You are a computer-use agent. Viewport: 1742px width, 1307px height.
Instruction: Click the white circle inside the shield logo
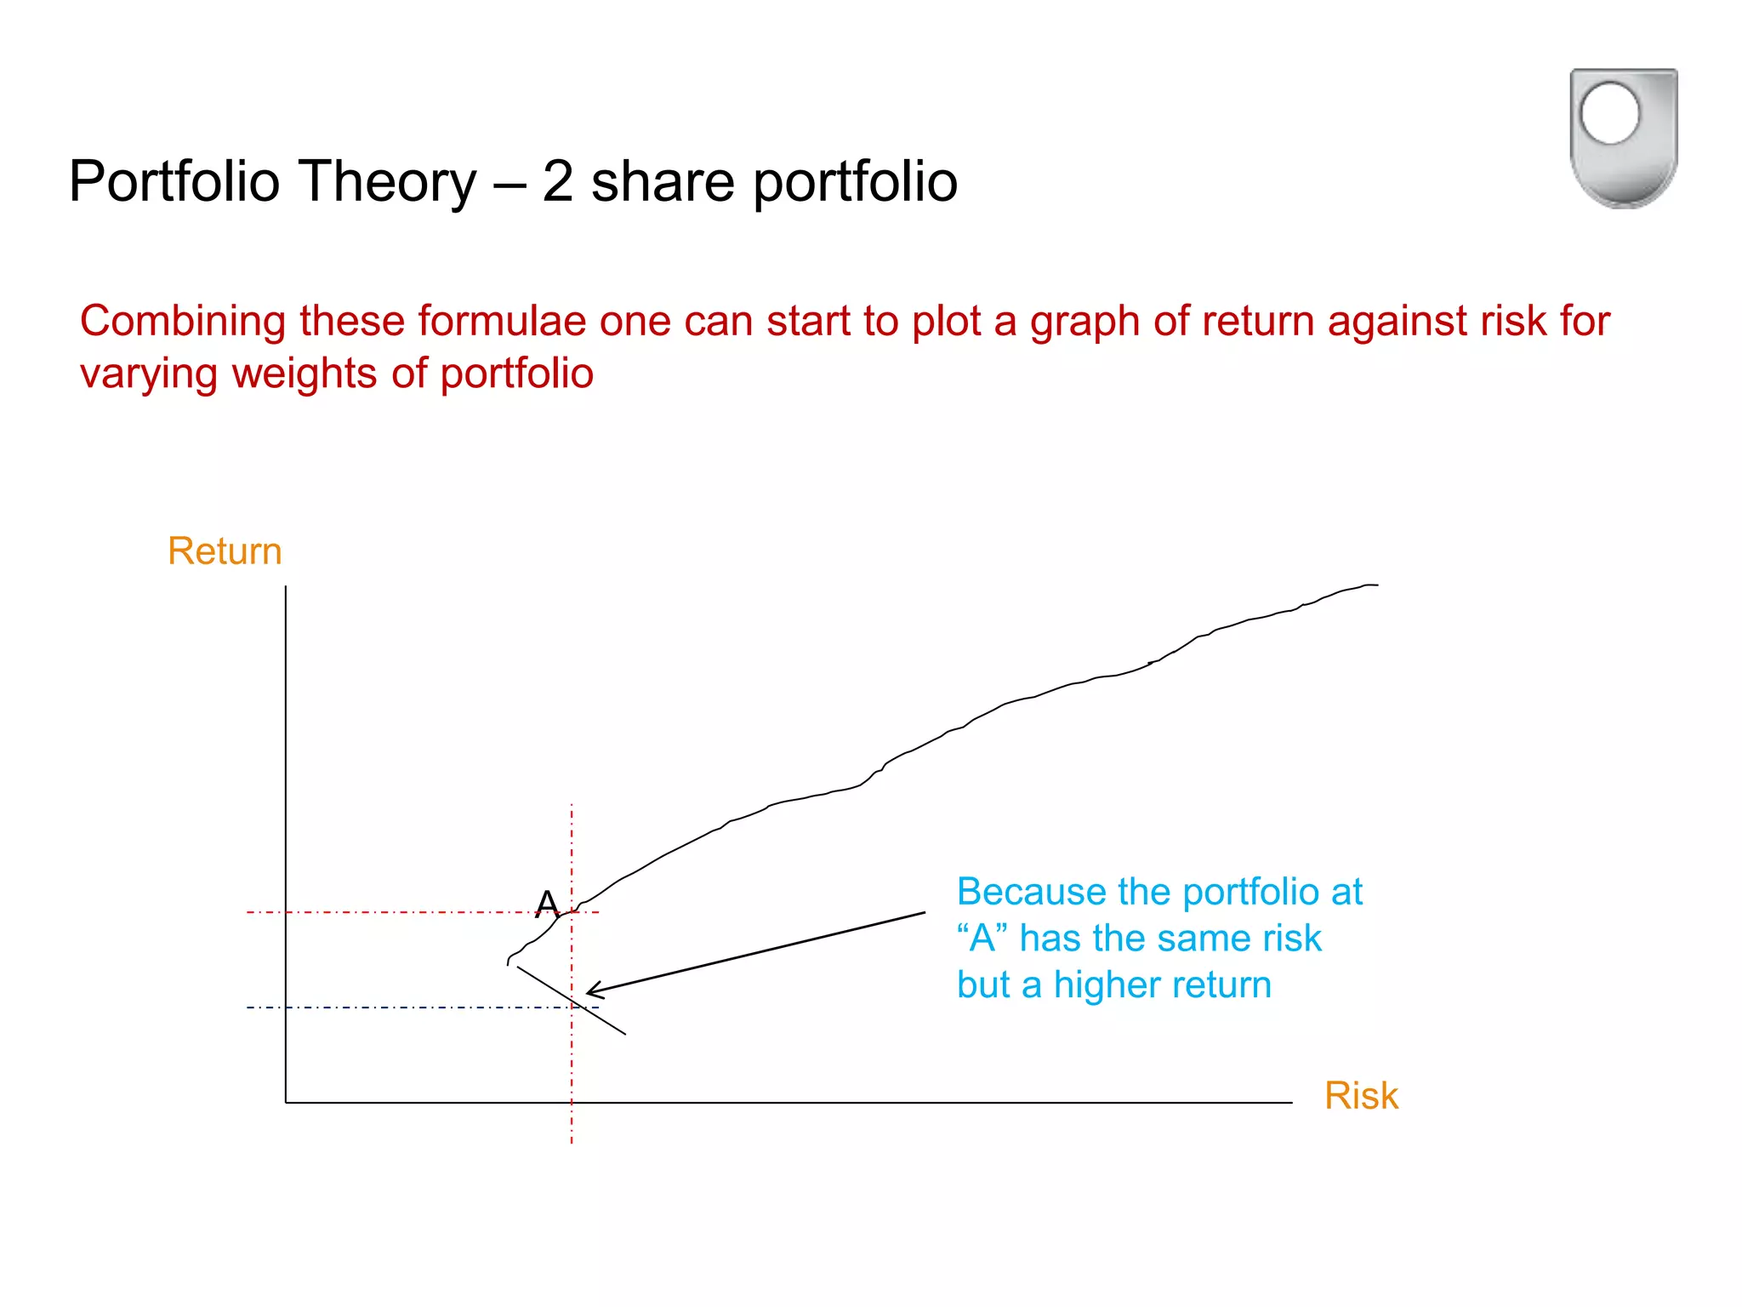[1609, 113]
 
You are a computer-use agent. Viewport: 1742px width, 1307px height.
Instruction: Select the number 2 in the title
[557, 181]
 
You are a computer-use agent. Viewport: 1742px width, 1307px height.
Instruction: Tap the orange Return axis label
[225, 551]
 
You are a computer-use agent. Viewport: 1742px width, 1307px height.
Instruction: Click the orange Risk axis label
[1361, 1096]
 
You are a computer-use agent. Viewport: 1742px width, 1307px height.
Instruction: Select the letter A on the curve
[547, 903]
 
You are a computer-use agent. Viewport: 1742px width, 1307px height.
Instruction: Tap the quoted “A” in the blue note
[982, 939]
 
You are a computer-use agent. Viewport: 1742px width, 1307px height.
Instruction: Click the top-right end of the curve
[1375, 585]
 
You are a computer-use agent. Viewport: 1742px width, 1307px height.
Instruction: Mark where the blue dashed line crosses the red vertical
[572, 1007]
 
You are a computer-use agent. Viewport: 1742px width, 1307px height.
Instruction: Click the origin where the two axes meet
[286, 1103]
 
